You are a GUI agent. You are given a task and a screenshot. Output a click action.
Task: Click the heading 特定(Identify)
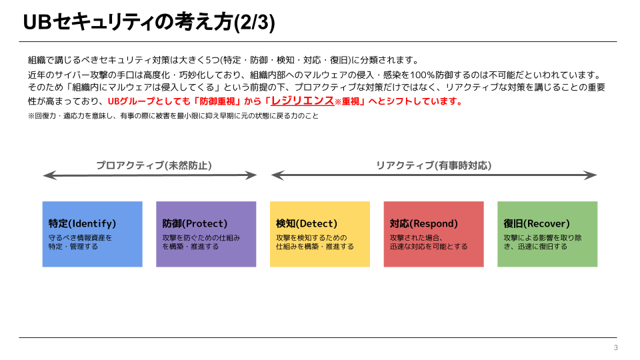pos(82,224)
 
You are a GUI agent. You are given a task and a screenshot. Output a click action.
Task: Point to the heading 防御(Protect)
pos(195,224)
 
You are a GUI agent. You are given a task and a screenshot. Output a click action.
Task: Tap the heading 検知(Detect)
pos(307,224)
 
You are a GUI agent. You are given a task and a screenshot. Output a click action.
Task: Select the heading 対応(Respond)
pos(424,224)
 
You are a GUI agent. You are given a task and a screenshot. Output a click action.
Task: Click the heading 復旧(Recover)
pos(537,224)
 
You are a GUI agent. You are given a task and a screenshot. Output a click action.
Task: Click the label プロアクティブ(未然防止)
pos(154,165)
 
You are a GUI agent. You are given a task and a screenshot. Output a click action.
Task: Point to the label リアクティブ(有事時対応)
pos(434,165)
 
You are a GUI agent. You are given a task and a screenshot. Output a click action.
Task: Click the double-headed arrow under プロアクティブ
pos(150,176)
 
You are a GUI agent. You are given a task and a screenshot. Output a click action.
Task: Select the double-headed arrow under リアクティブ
pos(434,176)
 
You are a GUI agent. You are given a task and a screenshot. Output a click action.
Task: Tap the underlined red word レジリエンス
pos(302,101)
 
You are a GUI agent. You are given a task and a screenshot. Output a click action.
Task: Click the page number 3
pos(615,348)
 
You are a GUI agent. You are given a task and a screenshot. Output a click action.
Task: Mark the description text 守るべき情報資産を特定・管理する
pos(80,242)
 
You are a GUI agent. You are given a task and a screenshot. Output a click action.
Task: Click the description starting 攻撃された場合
pos(429,242)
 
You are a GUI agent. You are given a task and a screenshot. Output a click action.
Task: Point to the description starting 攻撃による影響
pos(542,242)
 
